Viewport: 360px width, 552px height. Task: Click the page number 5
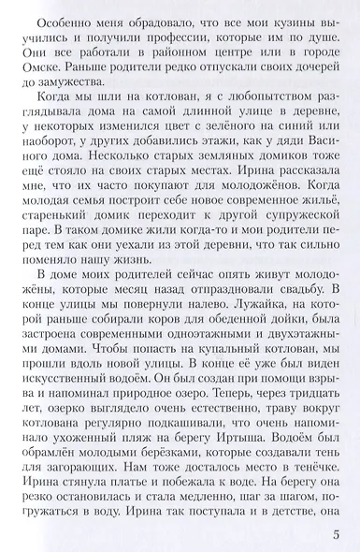point(336,534)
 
